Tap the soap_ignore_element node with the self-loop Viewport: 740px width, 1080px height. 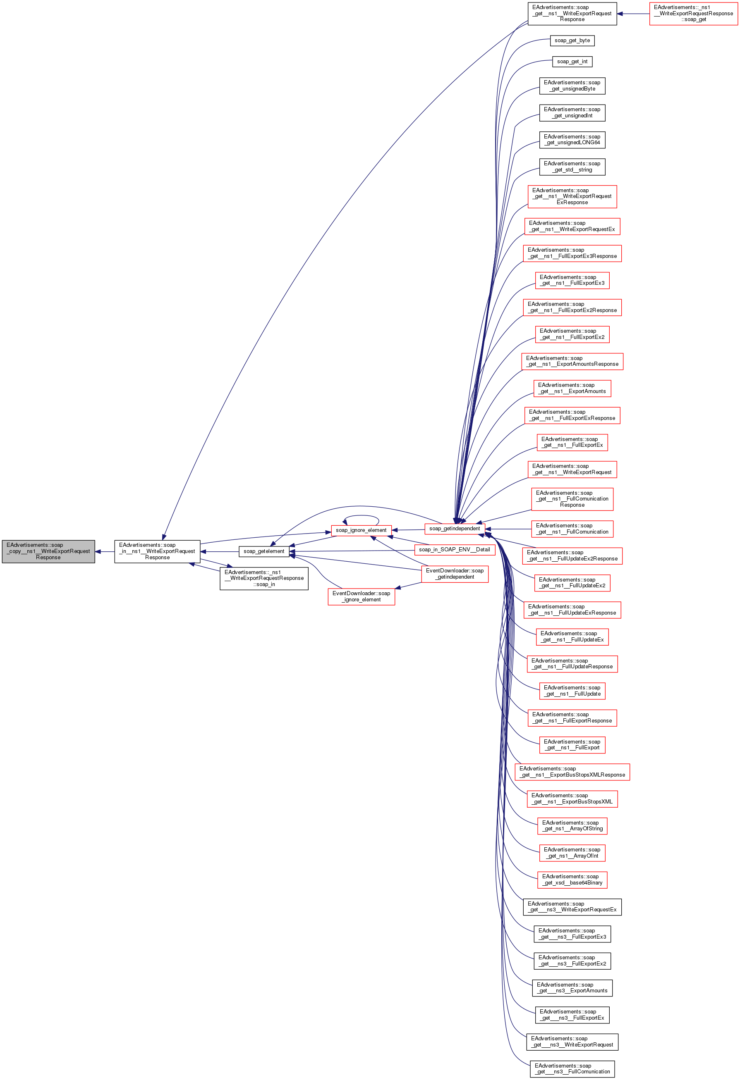pos(361,530)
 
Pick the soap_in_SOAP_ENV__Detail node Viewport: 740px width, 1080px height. pos(455,550)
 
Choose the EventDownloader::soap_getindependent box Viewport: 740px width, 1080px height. pos(455,574)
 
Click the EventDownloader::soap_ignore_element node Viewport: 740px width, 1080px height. pos(361,597)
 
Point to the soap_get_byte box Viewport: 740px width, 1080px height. pos(572,41)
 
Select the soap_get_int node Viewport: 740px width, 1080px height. pos(572,61)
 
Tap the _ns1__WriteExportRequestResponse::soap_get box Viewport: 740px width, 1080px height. pos(693,14)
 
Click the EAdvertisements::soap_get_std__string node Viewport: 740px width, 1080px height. pos(572,167)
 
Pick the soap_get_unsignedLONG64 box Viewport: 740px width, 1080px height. pos(572,140)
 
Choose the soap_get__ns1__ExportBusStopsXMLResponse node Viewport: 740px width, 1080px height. pos(572,772)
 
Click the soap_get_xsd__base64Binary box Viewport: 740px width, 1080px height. pos(572,880)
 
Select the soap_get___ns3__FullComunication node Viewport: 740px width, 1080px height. pos(572,1069)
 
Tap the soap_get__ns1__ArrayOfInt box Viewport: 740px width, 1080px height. pos(572,853)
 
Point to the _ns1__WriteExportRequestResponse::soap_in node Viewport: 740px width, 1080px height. pos(264,579)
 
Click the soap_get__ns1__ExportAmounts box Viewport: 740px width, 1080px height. pos(572,389)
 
